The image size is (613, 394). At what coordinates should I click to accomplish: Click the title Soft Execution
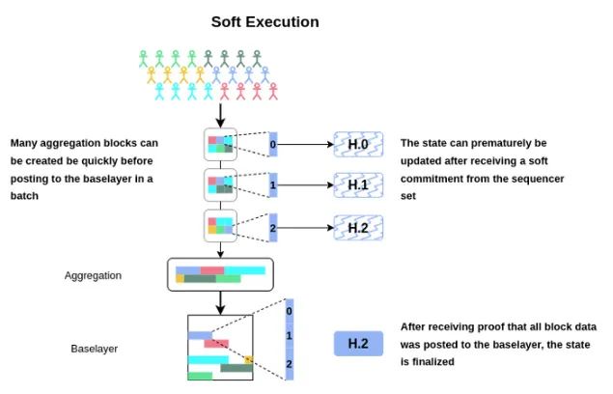[265, 20]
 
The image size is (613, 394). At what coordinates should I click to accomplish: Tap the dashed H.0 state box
[358, 145]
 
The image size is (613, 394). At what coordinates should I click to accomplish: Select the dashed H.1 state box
[358, 183]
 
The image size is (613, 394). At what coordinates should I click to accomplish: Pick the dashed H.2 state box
[358, 227]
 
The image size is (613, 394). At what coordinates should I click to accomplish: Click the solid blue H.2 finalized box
[358, 342]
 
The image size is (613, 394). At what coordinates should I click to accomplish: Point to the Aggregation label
[93, 275]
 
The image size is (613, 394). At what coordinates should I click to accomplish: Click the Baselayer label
[95, 348]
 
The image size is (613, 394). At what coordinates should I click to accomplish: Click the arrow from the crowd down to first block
[221, 114]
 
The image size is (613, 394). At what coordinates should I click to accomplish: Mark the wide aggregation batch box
[221, 274]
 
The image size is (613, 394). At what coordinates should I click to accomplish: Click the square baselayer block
[220, 349]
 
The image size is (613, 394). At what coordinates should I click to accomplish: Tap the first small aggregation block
[221, 145]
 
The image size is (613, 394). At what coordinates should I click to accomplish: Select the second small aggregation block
[221, 183]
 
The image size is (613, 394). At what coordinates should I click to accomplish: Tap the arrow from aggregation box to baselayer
[221, 303]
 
